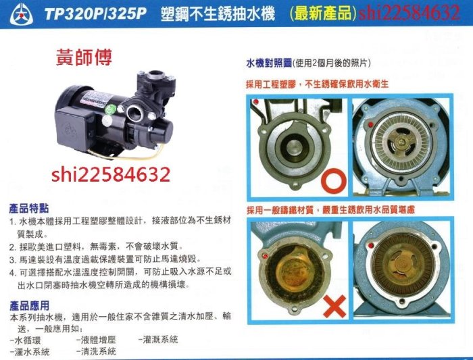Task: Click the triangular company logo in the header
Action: coord(22,14)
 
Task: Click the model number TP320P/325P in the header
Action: coord(95,14)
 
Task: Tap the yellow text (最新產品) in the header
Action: coord(323,14)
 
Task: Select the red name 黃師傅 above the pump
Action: coord(84,57)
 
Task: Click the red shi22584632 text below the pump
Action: coord(111,175)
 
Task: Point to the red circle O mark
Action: coord(334,182)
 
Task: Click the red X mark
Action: coord(334,306)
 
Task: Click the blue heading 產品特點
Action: coord(29,208)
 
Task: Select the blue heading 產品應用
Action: coord(29,306)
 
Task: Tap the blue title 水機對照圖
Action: coord(269,63)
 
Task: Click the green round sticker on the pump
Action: coord(111,109)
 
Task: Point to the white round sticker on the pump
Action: coord(107,121)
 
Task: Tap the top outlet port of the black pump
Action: coord(156,74)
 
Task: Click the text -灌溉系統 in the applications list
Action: coord(158,340)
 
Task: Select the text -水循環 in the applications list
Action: coord(25,340)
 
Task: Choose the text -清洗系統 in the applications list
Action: coord(96,351)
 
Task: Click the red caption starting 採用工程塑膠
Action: coord(318,84)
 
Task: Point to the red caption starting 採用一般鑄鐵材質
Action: coord(331,210)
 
